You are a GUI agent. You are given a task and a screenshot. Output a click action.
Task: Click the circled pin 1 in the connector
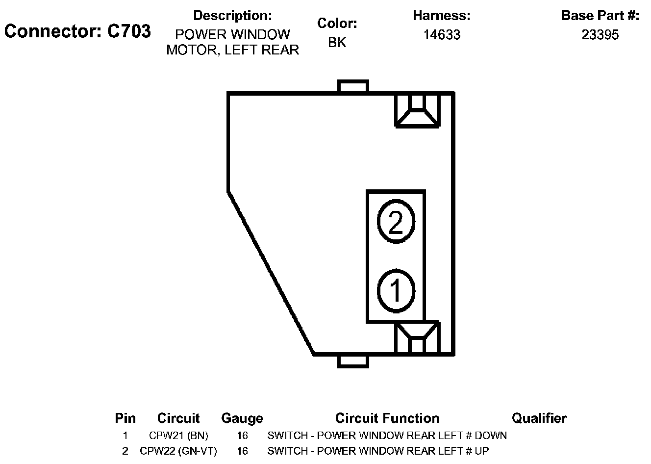click(396, 290)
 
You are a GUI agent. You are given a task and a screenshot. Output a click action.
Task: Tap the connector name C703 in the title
click(129, 31)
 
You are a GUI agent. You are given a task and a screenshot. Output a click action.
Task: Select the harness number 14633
click(442, 35)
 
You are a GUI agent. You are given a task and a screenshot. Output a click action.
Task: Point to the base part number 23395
click(600, 35)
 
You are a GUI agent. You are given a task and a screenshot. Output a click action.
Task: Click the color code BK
click(337, 43)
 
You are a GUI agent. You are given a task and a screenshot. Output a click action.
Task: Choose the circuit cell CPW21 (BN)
click(178, 436)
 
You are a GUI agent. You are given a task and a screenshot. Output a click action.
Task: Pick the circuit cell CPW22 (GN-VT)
click(178, 451)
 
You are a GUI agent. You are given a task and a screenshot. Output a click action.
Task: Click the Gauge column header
click(242, 418)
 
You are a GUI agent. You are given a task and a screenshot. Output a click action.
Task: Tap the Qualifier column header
click(539, 418)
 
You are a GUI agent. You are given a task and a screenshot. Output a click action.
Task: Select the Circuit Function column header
click(387, 418)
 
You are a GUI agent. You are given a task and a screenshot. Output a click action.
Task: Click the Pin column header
click(125, 418)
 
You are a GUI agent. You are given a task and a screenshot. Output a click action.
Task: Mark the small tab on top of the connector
click(353, 87)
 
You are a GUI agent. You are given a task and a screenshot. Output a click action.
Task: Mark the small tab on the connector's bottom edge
click(353, 361)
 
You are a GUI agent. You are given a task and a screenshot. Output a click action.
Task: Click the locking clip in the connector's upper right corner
click(417, 110)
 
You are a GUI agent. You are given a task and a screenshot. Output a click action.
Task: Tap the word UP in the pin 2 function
click(482, 451)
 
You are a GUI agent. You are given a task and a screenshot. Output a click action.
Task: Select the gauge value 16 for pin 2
click(242, 451)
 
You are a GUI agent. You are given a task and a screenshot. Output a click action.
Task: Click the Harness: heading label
click(441, 16)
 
